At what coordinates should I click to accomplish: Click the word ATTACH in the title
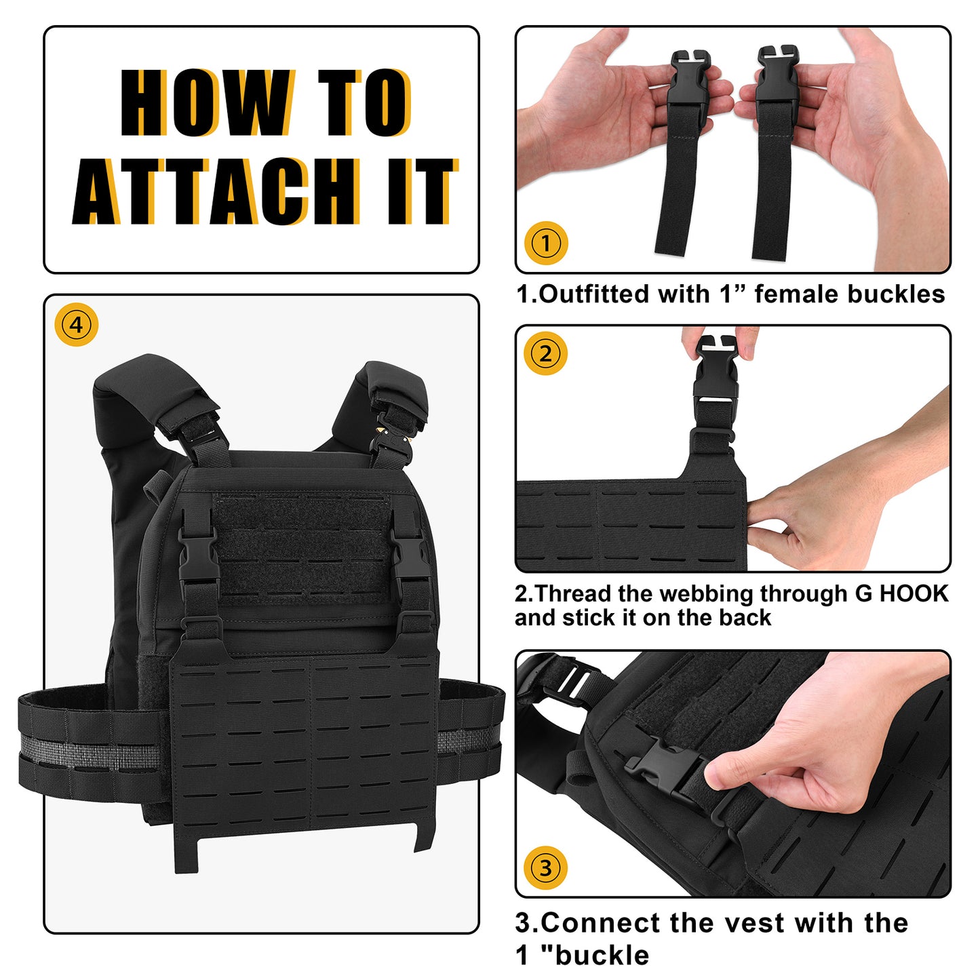click(x=216, y=191)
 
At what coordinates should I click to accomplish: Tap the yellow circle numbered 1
click(x=546, y=243)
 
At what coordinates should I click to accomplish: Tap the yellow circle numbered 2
click(x=545, y=353)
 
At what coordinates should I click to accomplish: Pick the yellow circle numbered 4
click(x=76, y=324)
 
